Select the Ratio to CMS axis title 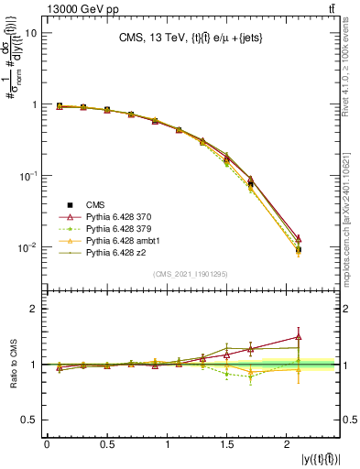click(x=13, y=364)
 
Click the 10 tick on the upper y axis click(x=29, y=33)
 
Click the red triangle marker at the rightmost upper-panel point click(x=299, y=238)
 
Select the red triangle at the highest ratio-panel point click(x=299, y=336)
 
